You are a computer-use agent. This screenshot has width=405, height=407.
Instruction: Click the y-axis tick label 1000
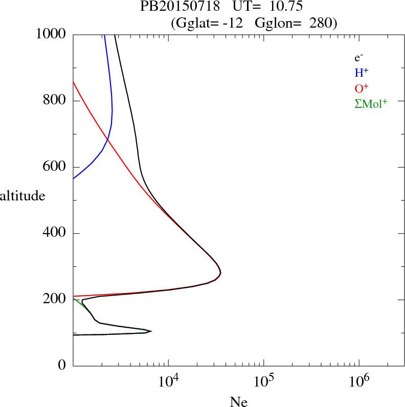click(x=52, y=34)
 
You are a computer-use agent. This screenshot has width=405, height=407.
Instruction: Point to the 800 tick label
click(x=56, y=101)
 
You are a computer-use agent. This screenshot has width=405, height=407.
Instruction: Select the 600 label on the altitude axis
click(x=56, y=167)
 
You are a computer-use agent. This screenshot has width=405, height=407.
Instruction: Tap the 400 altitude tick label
click(x=56, y=234)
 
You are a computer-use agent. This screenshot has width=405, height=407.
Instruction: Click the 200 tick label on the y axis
click(x=56, y=300)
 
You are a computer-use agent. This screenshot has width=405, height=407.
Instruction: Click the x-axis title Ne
click(x=238, y=402)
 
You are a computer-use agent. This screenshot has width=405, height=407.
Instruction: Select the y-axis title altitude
click(x=22, y=195)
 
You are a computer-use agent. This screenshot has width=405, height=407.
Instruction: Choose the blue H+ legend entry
click(x=362, y=73)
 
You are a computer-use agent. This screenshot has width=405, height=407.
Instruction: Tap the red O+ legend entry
click(x=362, y=88)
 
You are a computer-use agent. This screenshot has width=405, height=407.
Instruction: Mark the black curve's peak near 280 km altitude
click(x=220, y=274)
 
